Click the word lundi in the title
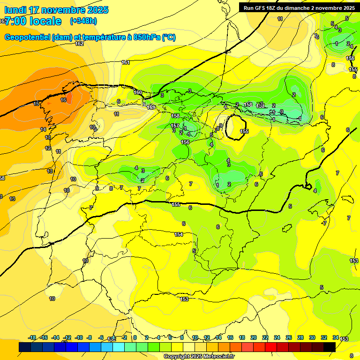click(15, 10)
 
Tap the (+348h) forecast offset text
click(83, 21)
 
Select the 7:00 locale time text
click(33, 21)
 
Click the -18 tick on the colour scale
click(32, 337)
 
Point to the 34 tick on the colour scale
click(336, 337)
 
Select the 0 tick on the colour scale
click(135, 337)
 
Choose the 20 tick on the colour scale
click(253, 337)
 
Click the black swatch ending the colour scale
click(329, 347)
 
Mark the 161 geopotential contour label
click(125, 62)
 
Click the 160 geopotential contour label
click(138, 92)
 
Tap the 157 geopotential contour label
click(175, 126)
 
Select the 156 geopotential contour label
click(185, 142)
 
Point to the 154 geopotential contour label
click(179, 234)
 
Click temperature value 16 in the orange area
click(63, 100)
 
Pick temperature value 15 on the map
click(37, 103)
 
